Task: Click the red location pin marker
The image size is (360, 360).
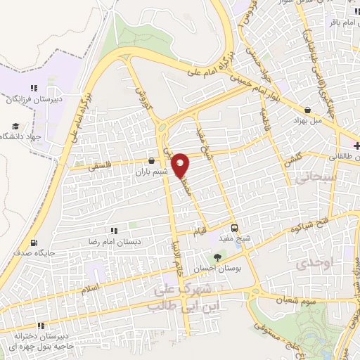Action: pyautogui.click(x=182, y=165)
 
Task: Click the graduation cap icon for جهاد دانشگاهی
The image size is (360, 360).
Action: pyautogui.click(x=14, y=127)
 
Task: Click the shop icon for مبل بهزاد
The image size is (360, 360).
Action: pyautogui.click(x=309, y=110)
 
